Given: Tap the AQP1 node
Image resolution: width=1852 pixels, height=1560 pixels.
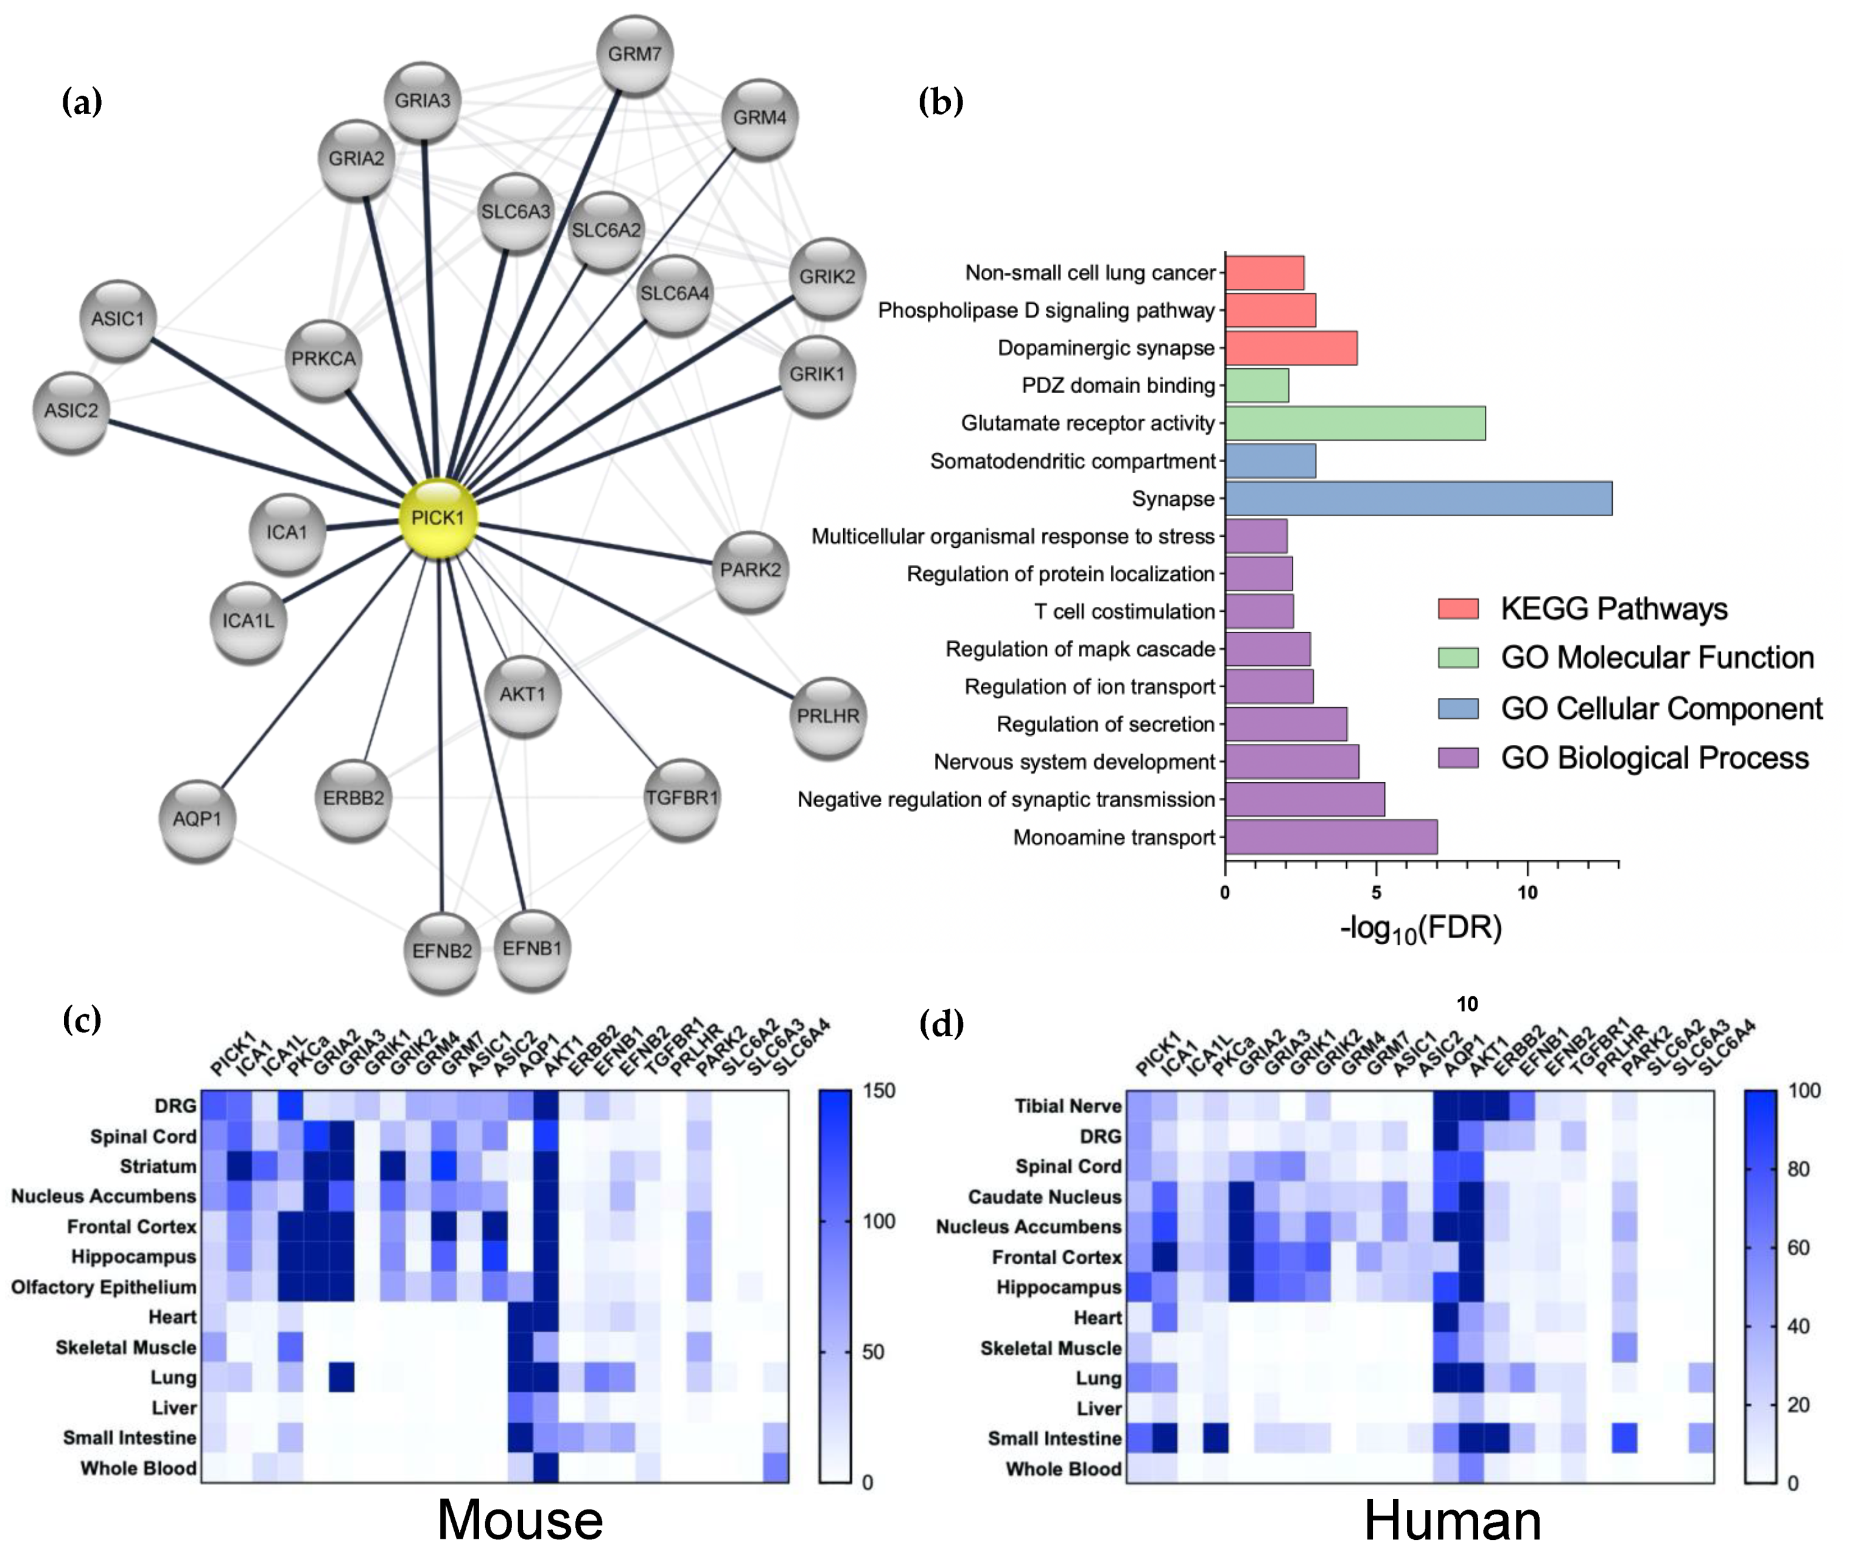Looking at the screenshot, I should point(197,819).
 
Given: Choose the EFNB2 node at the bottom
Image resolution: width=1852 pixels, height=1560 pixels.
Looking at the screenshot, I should point(442,951).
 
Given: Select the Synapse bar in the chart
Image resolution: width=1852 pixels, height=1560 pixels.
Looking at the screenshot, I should point(1418,498).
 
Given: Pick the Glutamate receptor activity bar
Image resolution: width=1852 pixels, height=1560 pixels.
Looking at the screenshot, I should point(1355,424).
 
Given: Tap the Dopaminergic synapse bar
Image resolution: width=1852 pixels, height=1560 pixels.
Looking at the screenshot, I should point(1291,348).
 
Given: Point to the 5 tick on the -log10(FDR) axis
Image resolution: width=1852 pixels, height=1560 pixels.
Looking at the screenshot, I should point(1376,893).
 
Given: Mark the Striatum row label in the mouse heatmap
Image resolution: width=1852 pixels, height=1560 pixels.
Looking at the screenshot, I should point(158,1166).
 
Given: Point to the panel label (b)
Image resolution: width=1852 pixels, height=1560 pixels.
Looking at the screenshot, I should point(940,103).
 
